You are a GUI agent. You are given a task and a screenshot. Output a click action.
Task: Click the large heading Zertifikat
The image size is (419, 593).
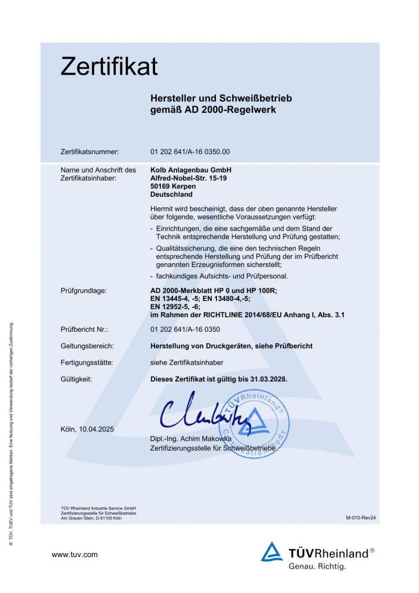[x=109, y=67]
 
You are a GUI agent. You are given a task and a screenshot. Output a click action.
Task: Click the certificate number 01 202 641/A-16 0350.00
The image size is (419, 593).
[x=190, y=152]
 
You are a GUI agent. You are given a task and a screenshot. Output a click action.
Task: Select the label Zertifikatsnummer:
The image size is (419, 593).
[x=90, y=152]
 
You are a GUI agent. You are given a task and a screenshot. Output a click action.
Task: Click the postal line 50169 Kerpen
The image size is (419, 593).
[x=173, y=186]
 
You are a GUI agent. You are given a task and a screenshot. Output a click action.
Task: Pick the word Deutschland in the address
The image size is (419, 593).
[x=171, y=195]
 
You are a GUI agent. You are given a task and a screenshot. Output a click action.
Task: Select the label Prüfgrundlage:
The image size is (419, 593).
[x=84, y=290]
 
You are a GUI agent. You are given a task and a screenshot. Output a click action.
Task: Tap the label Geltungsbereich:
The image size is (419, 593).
[x=87, y=346]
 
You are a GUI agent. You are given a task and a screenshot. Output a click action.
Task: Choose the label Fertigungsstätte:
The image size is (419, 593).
[x=87, y=363]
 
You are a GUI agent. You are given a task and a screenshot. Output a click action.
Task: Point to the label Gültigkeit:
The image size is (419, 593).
[x=76, y=379]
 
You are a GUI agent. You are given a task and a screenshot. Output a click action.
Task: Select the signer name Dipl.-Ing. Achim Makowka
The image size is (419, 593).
[x=190, y=439]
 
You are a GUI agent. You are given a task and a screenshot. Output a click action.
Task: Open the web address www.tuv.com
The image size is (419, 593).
[x=75, y=555]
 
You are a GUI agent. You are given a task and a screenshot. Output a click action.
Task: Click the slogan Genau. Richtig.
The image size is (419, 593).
[x=317, y=566]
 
